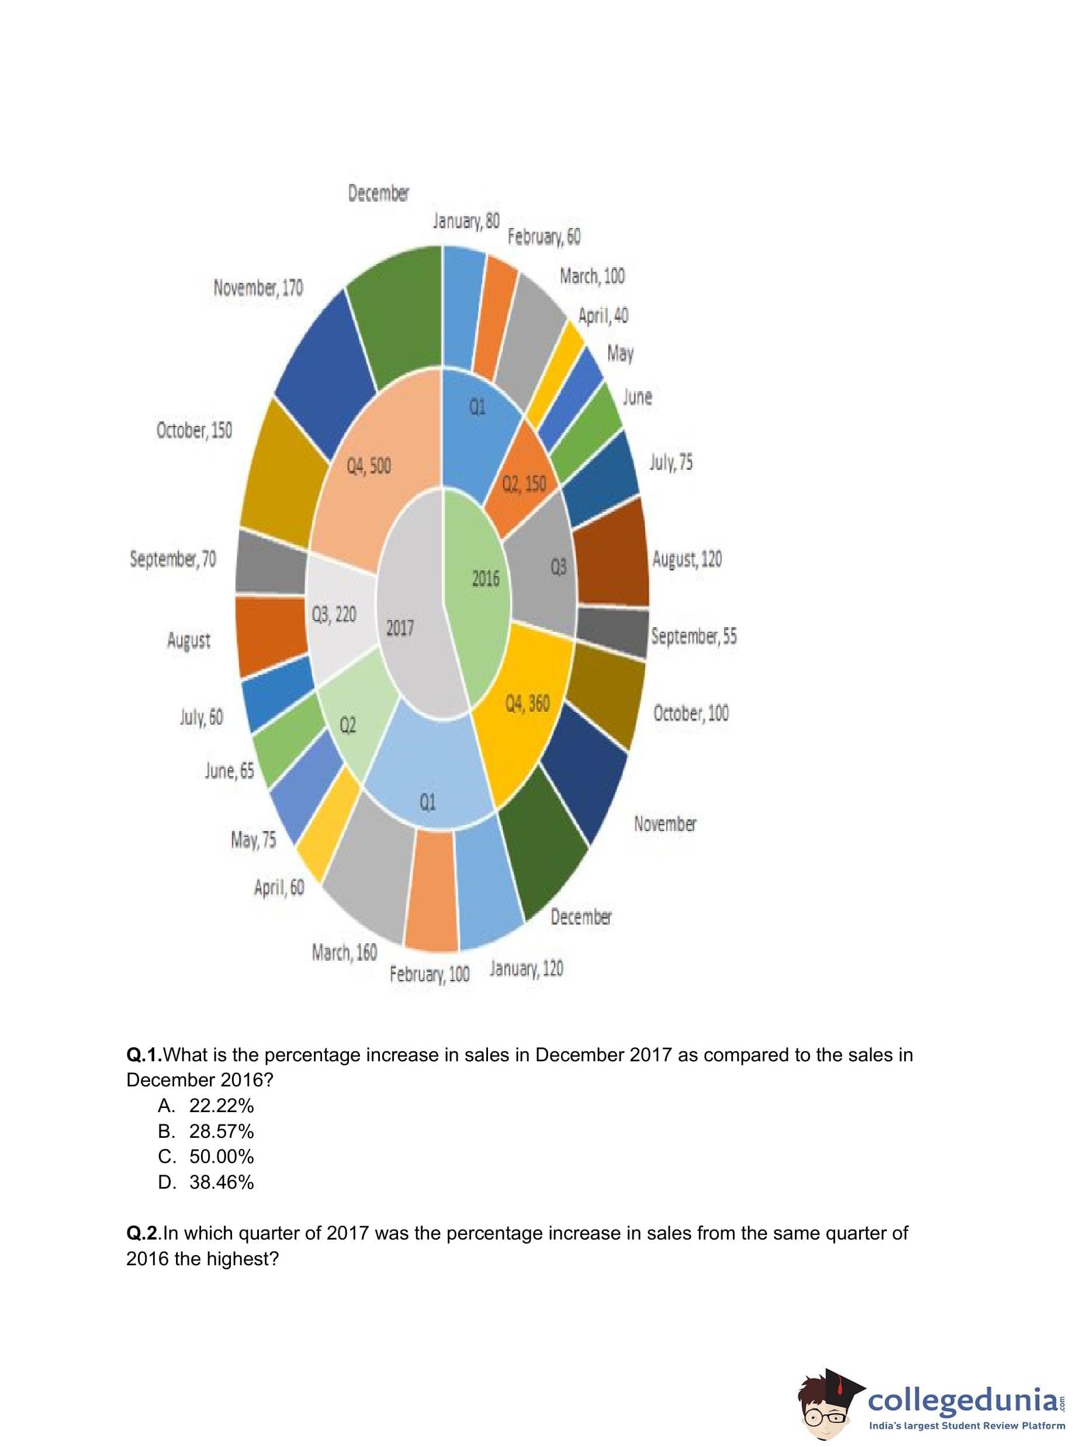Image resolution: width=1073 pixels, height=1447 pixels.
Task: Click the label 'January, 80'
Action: [466, 221]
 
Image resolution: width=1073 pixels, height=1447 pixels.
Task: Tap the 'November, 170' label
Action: [258, 287]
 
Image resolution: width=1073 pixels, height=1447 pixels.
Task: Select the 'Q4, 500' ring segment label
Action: [368, 466]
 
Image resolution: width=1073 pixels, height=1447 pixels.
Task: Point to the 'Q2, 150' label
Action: [524, 483]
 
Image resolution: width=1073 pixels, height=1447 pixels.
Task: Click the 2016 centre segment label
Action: [485, 577]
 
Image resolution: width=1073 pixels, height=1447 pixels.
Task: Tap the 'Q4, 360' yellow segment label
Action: [527, 704]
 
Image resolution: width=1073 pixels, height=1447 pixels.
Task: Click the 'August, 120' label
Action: [687, 559]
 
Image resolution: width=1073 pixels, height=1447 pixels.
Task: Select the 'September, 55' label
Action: [694, 635]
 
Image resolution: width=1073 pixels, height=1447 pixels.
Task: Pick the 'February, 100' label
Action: [429, 974]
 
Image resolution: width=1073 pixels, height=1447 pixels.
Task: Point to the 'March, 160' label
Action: [344, 953]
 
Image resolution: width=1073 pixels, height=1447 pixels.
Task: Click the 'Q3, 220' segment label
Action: [334, 614]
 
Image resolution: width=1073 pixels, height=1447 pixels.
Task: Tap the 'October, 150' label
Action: [193, 430]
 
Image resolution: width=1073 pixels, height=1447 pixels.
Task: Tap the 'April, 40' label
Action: [603, 316]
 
